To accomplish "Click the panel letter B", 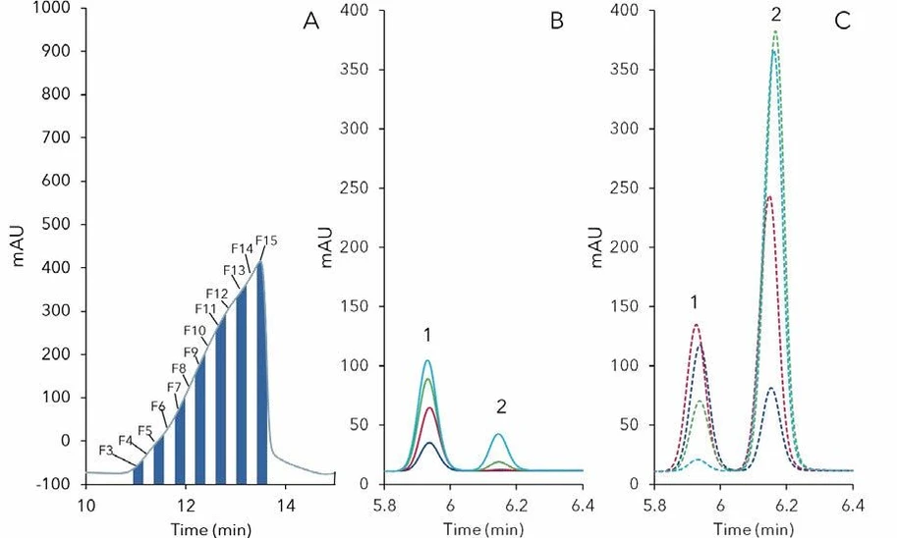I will click(556, 21).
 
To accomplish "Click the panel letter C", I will click(842, 21).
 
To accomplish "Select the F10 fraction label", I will click(195, 330).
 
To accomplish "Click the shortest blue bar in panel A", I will click(139, 474).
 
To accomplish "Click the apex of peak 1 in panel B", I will click(427, 360).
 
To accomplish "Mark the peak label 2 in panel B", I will click(501, 406).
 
